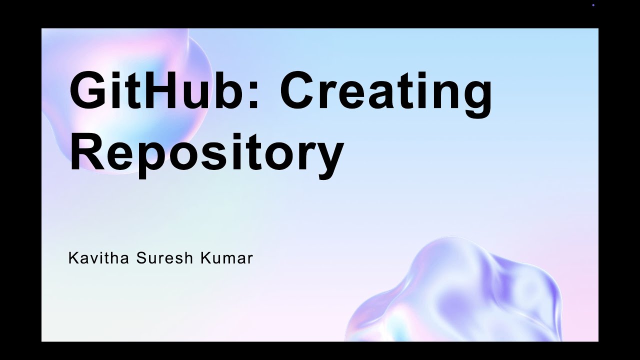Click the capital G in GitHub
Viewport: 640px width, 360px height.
[88, 91]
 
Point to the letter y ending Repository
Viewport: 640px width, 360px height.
[327, 157]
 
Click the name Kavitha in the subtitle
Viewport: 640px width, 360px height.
[97, 258]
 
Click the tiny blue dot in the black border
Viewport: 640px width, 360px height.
[593, 5]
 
